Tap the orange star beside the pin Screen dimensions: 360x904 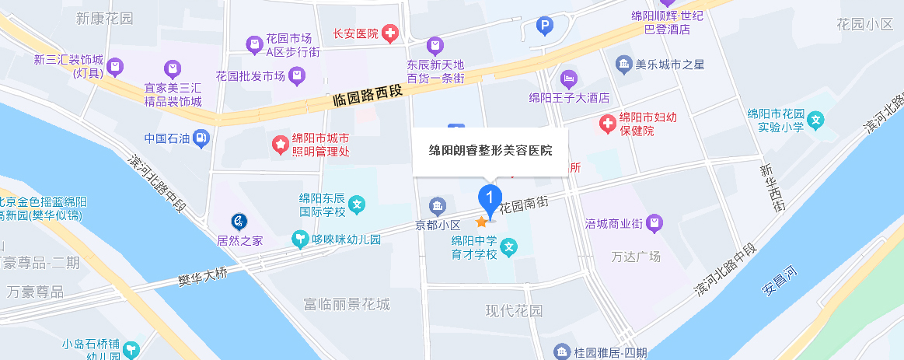pyautogui.click(x=481, y=222)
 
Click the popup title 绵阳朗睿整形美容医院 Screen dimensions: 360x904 pyautogui.click(x=490, y=150)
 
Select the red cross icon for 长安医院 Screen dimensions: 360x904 pyautogui.click(x=389, y=33)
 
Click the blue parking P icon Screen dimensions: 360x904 pyautogui.click(x=546, y=28)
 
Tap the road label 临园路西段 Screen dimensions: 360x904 pyautogui.click(x=368, y=97)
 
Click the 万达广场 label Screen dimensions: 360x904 pyautogui.click(x=636, y=257)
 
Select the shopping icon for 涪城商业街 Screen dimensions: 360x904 pyautogui.click(x=655, y=224)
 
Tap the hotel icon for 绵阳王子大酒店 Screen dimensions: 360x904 pyautogui.click(x=569, y=79)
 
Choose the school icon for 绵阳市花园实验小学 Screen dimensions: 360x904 pyautogui.click(x=815, y=121)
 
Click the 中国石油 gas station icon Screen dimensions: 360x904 pyautogui.click(x=201, y=139)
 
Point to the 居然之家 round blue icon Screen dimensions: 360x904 pyautogui.click(x=239, y=222)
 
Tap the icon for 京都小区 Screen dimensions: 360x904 pyautogui.click(x=438, y=206)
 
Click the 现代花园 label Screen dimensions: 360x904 pyautogui.click(x=514, y=311)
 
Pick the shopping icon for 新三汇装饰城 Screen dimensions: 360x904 pyautogui.click(x=115, y=66)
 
